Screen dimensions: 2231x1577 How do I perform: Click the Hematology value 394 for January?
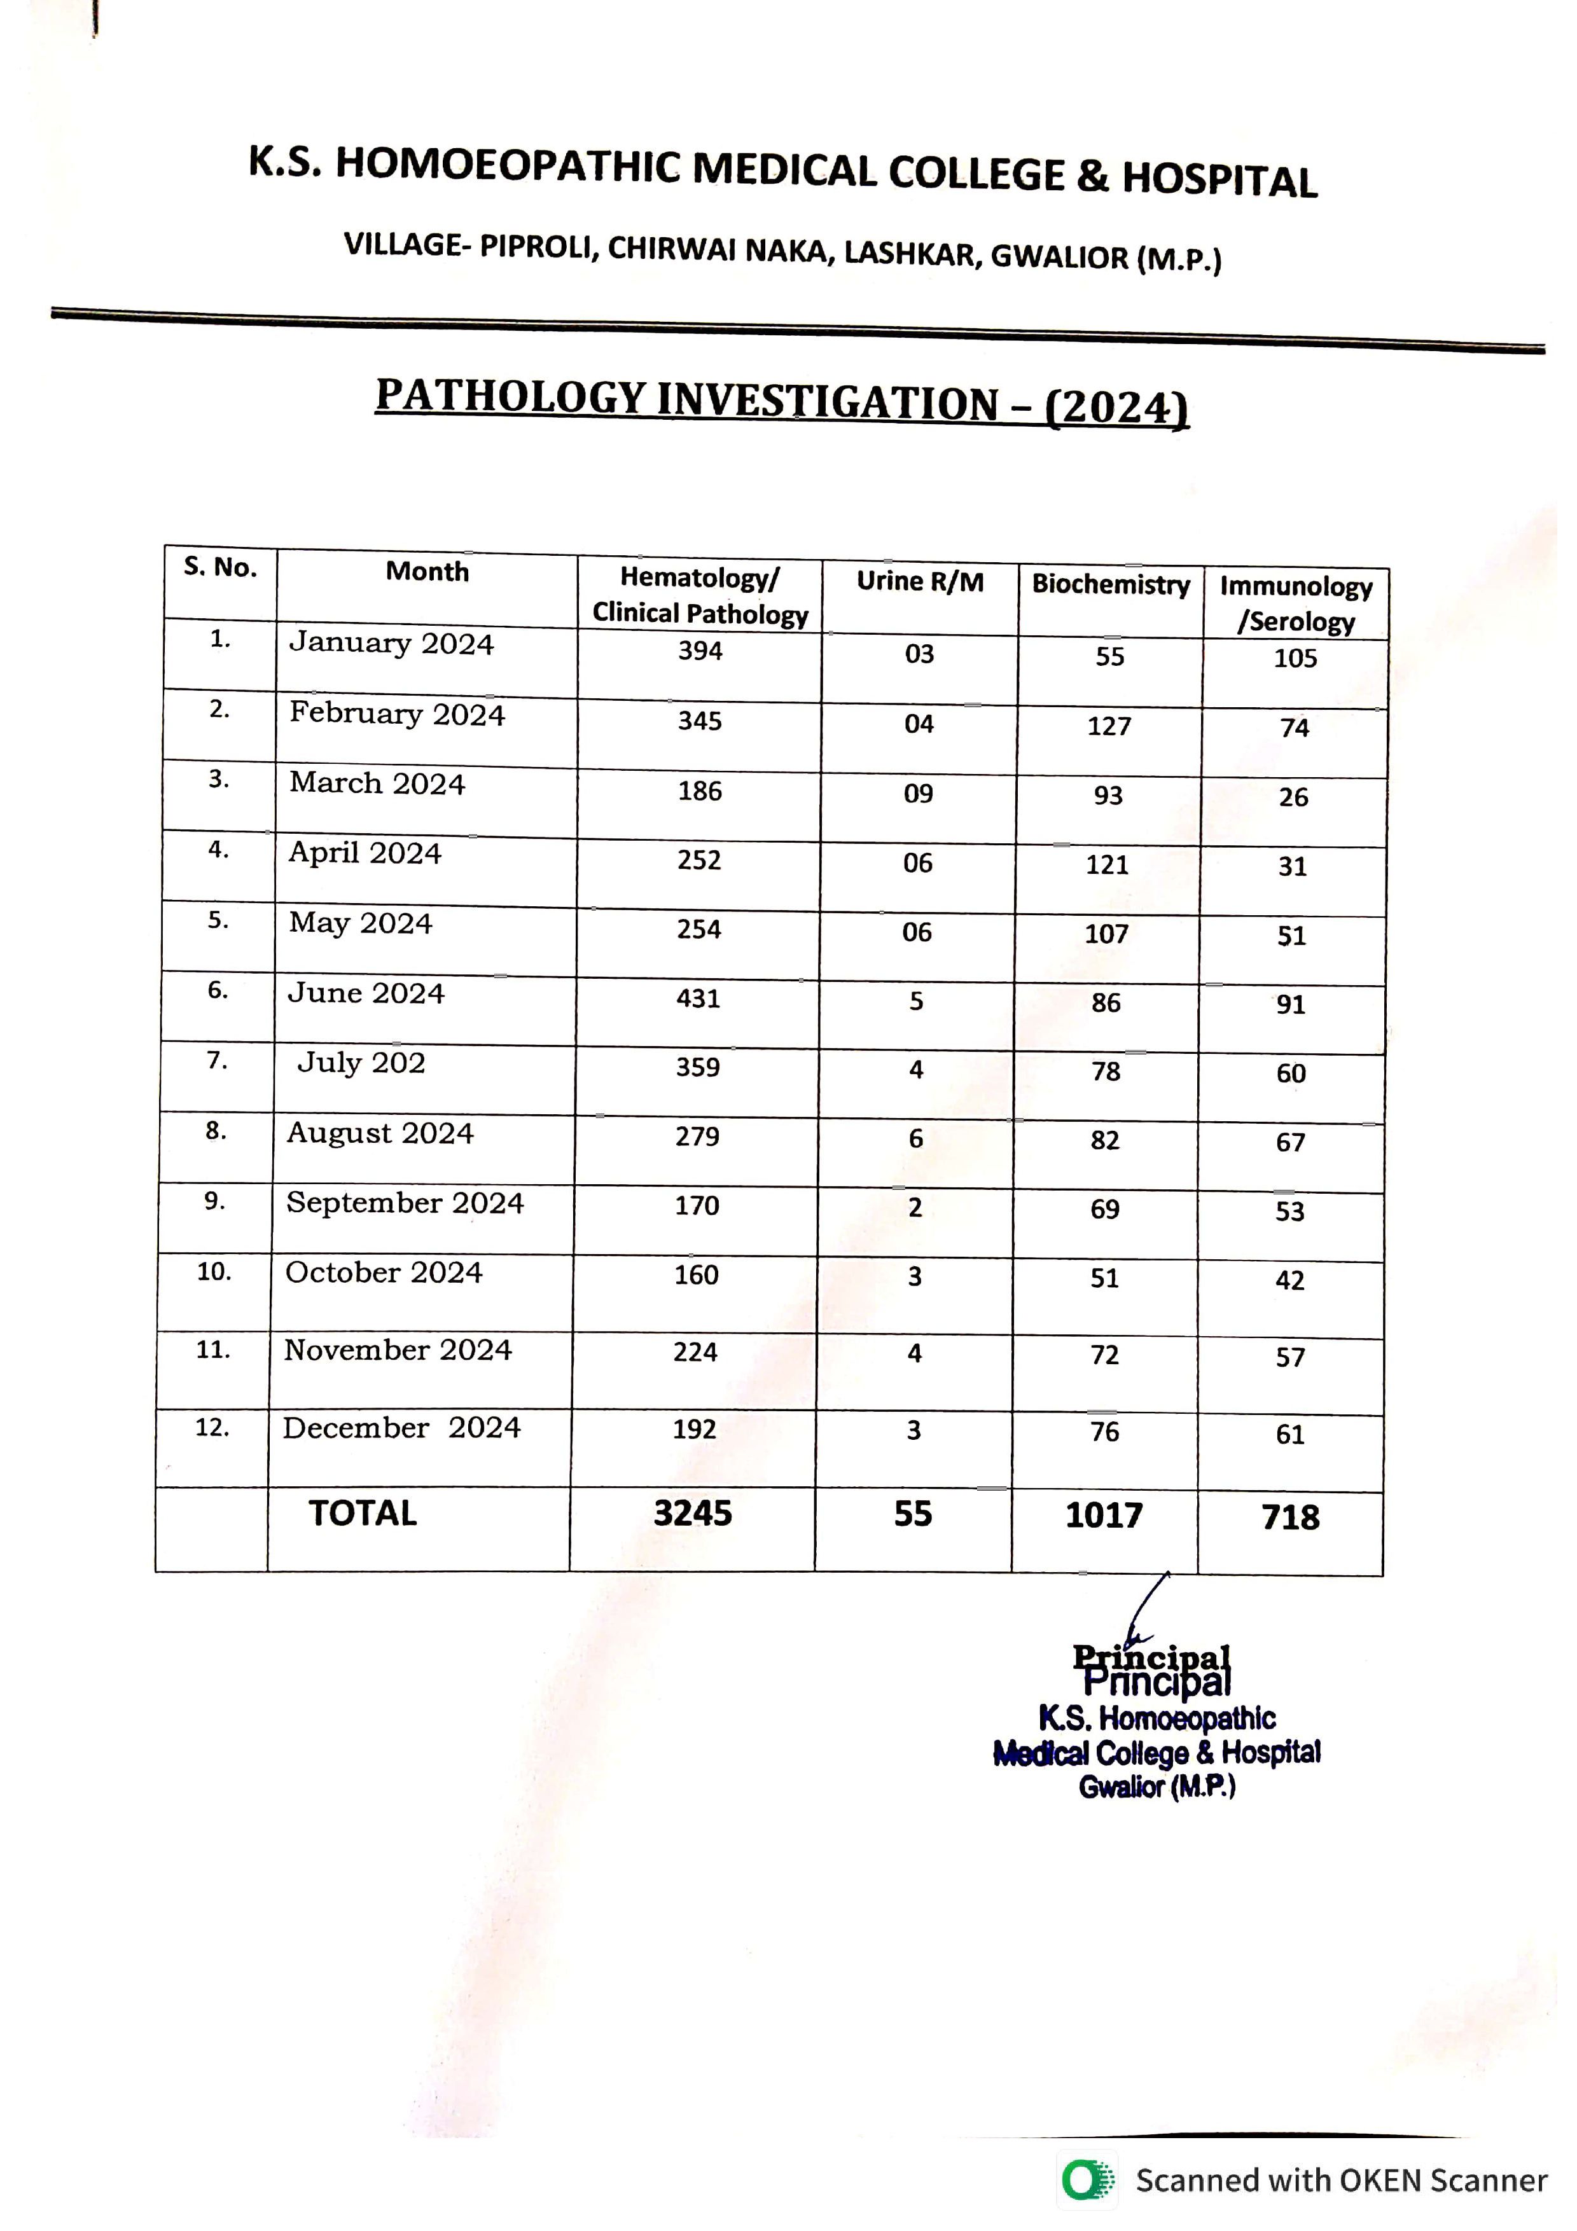[700, 651]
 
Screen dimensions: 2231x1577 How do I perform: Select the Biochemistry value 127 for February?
[1109, 727]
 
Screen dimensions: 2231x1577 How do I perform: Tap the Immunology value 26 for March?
[1293, 797]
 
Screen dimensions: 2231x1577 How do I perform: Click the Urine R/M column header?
[919, 581]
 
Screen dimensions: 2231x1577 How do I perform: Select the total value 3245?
[693, 1513]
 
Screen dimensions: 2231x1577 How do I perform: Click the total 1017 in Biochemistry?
[1104, 1515]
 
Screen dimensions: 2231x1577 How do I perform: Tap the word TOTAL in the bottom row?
[363, 1513]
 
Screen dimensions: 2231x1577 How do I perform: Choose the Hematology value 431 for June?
[698, 999]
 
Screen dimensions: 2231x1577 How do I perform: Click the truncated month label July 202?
[361, 1062]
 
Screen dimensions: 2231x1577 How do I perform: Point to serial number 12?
[212, 1427]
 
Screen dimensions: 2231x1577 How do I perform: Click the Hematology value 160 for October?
[696, 1275]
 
